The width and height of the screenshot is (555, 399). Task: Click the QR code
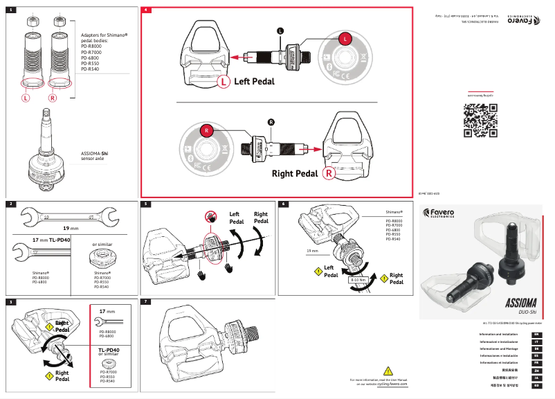pyautogui.click(x=480, y=120)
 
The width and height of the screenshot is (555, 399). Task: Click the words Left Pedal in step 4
pyautogui.click(x=254, y=81)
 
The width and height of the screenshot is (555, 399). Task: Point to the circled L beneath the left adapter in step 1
pyautogui.click(x=26, y=98)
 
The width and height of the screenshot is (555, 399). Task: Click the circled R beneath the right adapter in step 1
pyautogui.click(x=53, y=98)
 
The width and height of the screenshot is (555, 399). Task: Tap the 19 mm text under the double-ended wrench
pyautogui.click(x=71, y=227)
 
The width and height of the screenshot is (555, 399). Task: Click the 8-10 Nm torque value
pyautogui.click(x=358, y=280)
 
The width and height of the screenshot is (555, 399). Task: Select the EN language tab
pyautogui.click(x=536, y=335)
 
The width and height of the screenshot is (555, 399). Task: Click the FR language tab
pyautogui.click(x=536, y=362)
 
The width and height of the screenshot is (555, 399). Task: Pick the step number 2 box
pyautogui.click(x=11, y=204)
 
